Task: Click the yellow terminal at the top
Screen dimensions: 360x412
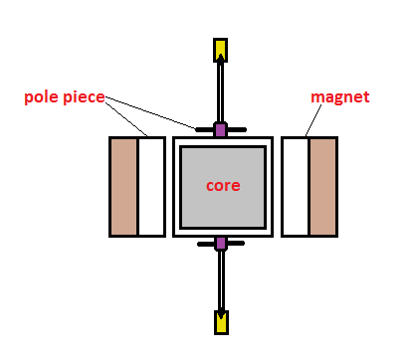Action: click(220, 49)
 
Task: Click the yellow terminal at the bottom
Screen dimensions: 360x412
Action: click(221, 321)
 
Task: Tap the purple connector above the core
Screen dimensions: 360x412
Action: click(221, 129)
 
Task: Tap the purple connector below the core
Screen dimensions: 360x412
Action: click(221, 244)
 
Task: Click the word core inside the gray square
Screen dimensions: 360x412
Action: click(222, 185)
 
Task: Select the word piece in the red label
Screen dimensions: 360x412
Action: click(85, 96)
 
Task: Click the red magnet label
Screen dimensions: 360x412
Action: click(339, 96)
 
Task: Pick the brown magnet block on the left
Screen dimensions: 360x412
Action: click(124, 186)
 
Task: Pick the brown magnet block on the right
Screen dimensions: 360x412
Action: click(322, 186)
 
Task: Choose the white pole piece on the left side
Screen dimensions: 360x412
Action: click(150, 186)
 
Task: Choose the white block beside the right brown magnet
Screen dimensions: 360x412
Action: click(296, 186)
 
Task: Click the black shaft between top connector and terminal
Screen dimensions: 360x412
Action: click(221, 94)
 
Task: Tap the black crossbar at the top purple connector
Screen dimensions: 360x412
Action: click(204, 129)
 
